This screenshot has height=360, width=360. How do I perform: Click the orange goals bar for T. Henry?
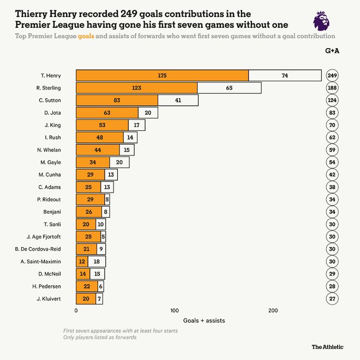pos(162,75)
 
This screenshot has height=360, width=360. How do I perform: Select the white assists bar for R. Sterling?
pos(229,88)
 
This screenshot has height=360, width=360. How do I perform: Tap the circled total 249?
pos(332,75)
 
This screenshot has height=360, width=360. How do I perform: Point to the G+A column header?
pos(332,51)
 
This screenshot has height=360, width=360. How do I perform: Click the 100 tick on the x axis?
pos(175,310)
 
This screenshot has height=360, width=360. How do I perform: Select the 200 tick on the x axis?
pos(273,310)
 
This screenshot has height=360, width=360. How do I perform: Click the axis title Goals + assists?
pos(204,320)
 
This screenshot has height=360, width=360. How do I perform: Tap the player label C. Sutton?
pos(50,100)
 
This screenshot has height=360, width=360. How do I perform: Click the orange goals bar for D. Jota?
pos(107,113)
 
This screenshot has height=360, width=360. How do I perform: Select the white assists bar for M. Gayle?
pos(119,163)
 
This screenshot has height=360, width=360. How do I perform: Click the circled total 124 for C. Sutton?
pos(332,100)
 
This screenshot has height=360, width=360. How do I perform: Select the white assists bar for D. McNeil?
pos(97,274)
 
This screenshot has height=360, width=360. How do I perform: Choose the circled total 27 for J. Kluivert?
pos(332,299)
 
